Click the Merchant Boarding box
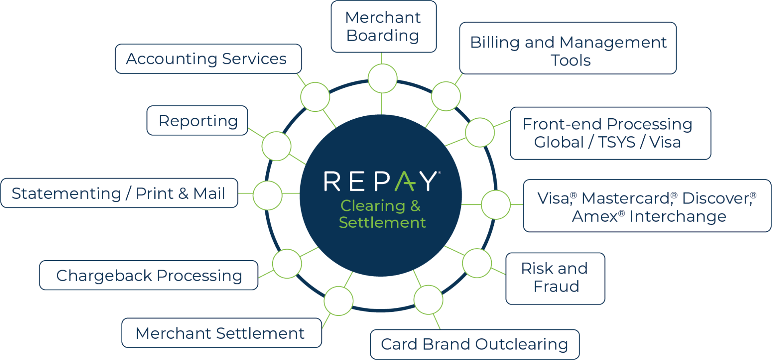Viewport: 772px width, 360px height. [383, 27]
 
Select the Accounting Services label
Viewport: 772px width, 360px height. [206, 59]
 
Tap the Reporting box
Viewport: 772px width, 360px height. [198, 121]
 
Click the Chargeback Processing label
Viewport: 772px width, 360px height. [149, 276]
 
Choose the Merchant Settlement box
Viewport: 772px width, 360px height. [220, 333]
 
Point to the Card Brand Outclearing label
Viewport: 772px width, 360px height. [474, 344]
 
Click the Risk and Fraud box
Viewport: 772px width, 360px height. [555, 278]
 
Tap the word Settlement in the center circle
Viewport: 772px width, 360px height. [382, 222]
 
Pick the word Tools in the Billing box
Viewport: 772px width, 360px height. [571, 61]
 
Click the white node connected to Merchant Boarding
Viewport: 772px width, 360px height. [382, 78]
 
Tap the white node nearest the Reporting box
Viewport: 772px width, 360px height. [276, 146]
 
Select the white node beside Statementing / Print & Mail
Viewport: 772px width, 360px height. [267, 195]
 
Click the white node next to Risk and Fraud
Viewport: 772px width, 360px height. [477, 263]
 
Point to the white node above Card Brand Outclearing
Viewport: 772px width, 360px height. [428, 300]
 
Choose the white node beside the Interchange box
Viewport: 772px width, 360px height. [496, 205]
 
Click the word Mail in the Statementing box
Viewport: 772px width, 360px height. [209, 193]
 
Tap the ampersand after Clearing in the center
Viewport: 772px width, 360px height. [415, 206]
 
